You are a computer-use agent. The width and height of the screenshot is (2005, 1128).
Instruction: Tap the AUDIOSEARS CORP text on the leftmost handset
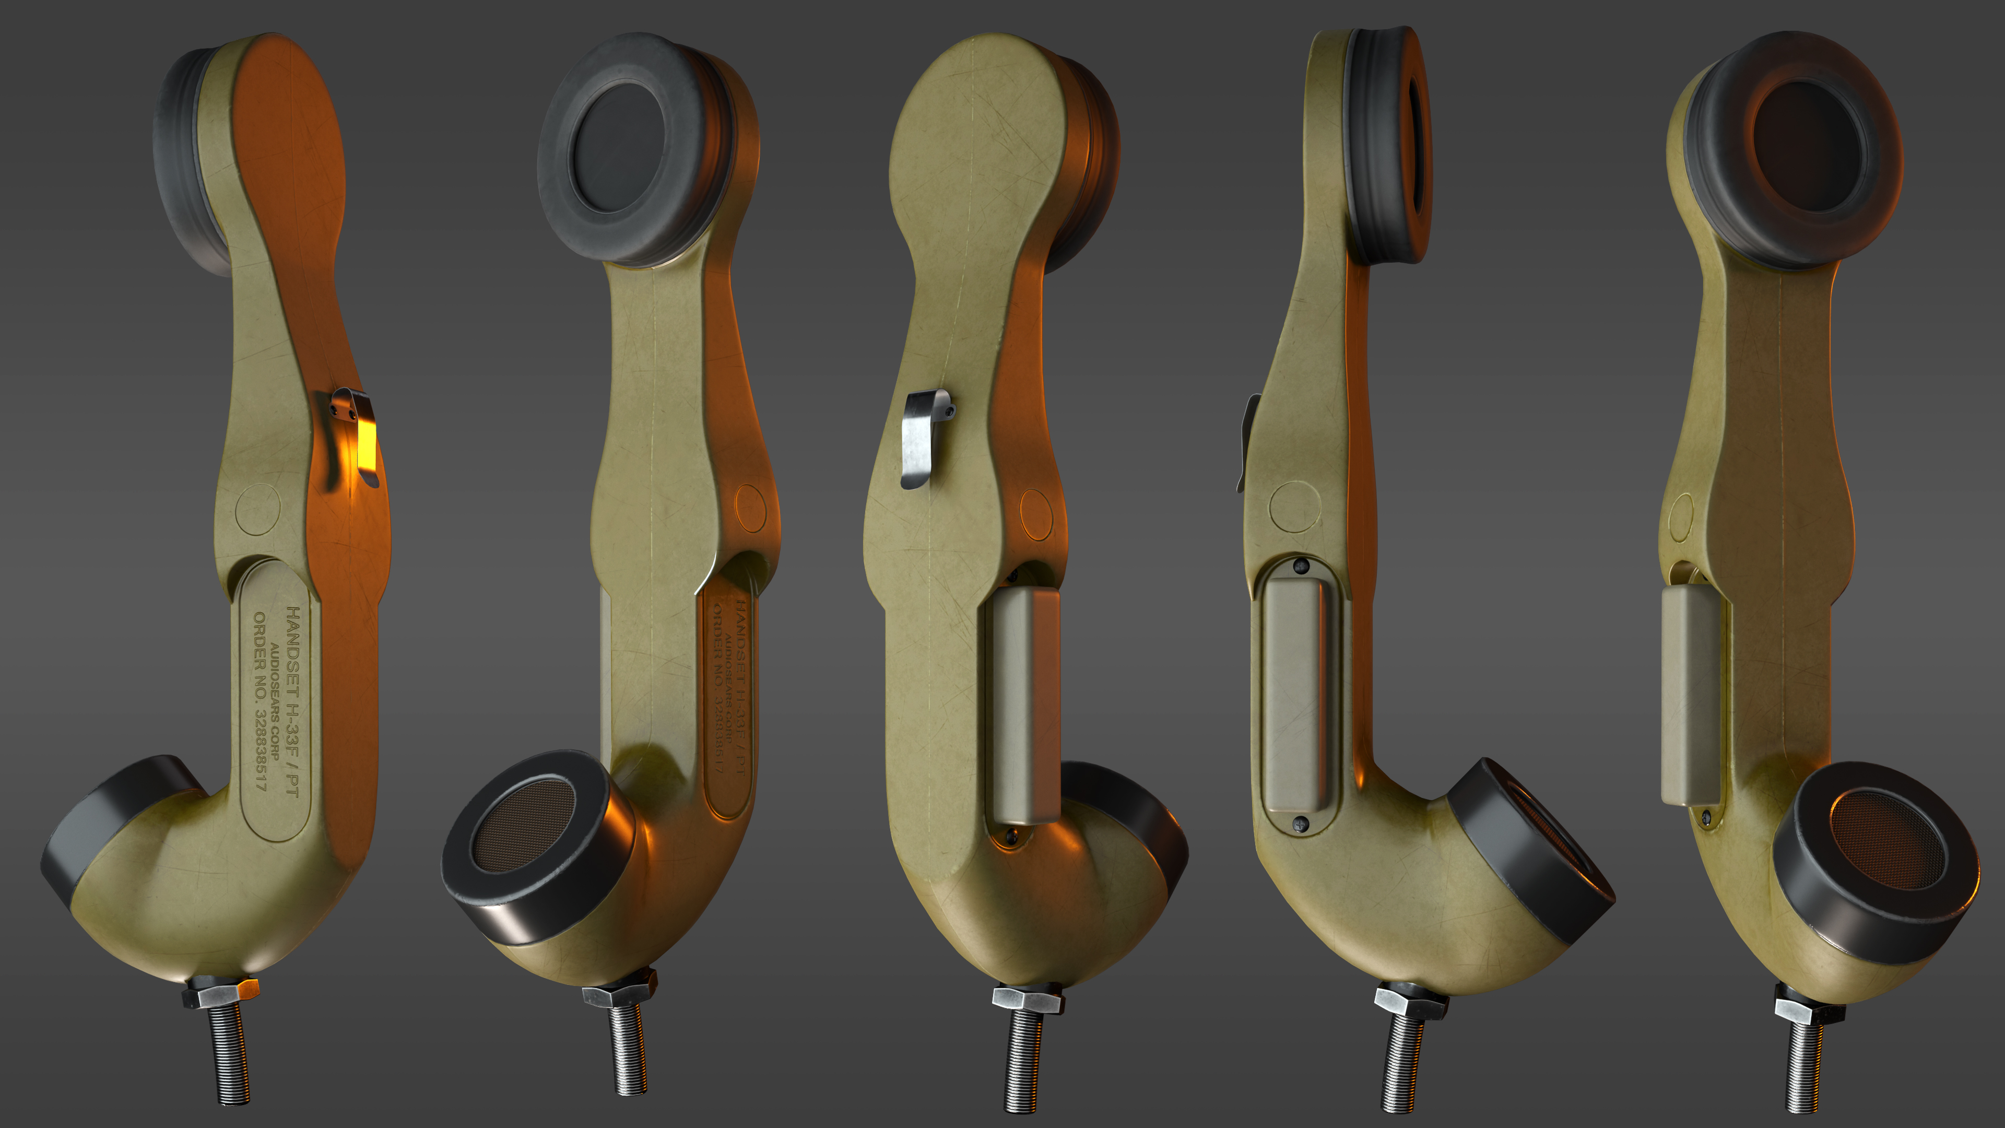click(274, 701)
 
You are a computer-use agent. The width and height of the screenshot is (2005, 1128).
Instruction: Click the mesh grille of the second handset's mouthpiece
click(524, 825)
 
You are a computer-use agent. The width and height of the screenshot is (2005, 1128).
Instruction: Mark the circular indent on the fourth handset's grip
click(1294, 507)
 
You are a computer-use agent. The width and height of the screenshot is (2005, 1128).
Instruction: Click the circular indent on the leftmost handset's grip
click(257, 509)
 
